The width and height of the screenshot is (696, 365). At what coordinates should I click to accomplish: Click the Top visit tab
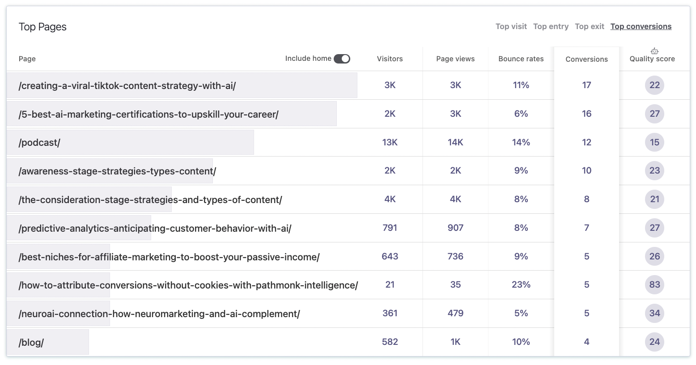click(511, 26)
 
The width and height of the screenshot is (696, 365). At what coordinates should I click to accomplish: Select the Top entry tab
click(551, 26)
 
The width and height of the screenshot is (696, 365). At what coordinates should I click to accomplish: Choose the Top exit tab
click(589, 26)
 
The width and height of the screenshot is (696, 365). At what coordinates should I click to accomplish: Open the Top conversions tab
click(641, 26)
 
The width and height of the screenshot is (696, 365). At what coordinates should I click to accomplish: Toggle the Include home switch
click(342, 59)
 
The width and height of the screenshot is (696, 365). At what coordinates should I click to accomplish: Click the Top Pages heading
click(42, 27)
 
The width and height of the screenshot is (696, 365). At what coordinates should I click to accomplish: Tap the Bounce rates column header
click(521, 59)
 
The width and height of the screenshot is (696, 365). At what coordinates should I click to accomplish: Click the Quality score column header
click(652, 59)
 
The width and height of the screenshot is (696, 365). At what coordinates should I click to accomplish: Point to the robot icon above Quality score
click(654, 51)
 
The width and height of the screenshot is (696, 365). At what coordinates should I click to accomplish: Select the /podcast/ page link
click(39, 143)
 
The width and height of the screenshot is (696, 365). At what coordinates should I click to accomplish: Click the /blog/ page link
click(31, 343)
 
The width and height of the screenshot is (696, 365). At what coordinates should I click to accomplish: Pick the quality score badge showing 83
click(654, 284)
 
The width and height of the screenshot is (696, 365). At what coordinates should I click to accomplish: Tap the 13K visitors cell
click(390, 142)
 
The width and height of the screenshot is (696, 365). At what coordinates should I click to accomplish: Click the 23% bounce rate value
click(521, 284)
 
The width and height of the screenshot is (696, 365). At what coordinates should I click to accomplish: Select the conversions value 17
click(586, 85)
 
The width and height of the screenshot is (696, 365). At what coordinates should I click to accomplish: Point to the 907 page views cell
click(455, 228)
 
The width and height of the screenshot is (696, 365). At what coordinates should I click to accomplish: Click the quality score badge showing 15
click(654, 142)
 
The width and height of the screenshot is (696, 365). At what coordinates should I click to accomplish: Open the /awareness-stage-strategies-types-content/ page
click(117, 171)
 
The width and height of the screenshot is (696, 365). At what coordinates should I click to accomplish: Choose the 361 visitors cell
click(390, 313)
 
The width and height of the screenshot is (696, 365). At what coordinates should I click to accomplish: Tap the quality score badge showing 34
click(654, 313)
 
